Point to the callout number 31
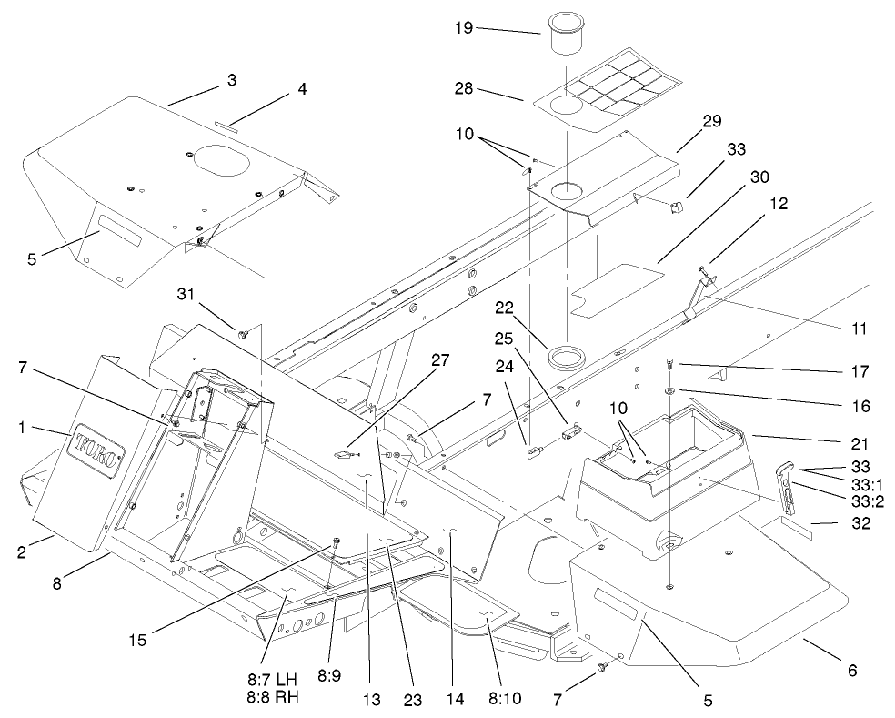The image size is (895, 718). (x=186, y=293)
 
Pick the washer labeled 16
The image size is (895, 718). (x=670, y=390)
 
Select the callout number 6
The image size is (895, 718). (x=850, y=671)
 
